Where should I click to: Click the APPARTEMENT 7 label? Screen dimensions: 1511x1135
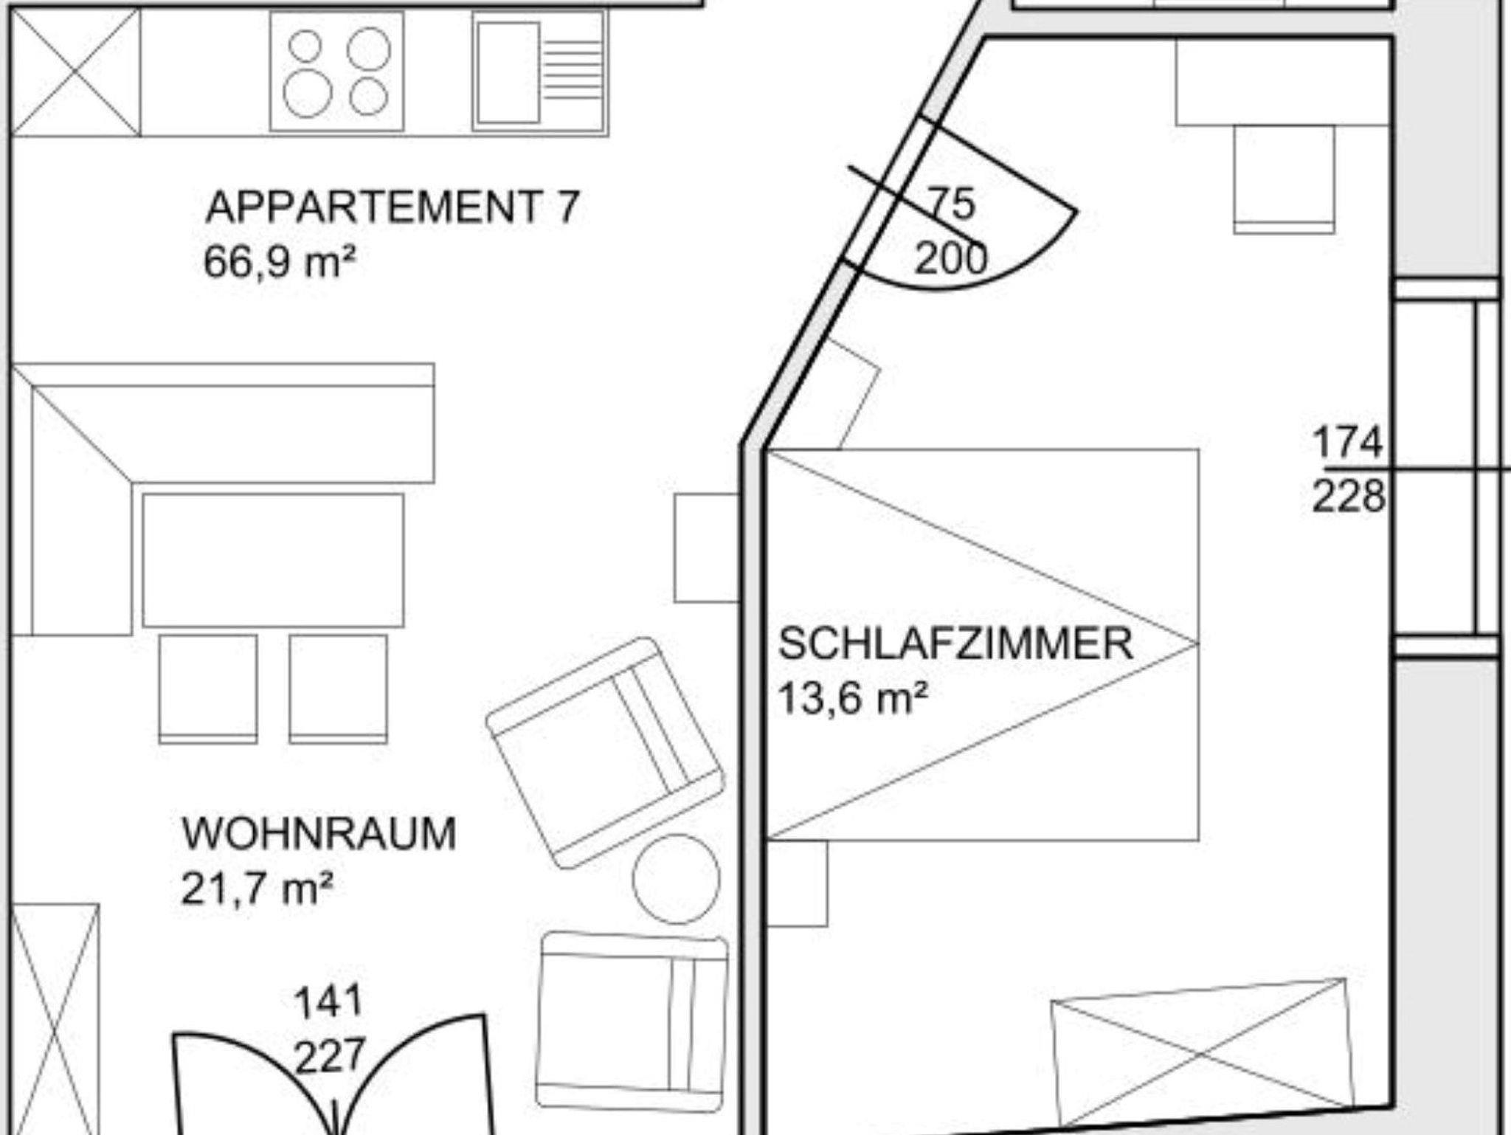coord(393,207)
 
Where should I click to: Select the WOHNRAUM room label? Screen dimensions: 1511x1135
coord(319,834)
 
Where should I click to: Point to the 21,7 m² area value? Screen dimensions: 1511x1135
coord(257,889)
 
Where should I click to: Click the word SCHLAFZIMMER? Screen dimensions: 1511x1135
coord(955,644)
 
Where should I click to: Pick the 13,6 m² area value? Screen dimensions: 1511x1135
coord(853,697)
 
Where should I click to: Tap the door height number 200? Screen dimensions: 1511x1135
coord(951,259)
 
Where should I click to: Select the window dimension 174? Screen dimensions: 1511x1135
coord(1347,444)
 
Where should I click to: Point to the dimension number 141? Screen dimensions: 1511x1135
coord(329,1002)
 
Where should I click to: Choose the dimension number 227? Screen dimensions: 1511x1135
coord(330,1056)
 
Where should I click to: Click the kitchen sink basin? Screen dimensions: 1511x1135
coord(508,72)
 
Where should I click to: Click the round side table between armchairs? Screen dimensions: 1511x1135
coord(676,878)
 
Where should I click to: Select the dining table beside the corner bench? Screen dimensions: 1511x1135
coord(273,560)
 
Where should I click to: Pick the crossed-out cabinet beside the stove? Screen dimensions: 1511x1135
coord(75,72)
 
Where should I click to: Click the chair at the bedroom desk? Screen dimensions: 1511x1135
coord(1284,179)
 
